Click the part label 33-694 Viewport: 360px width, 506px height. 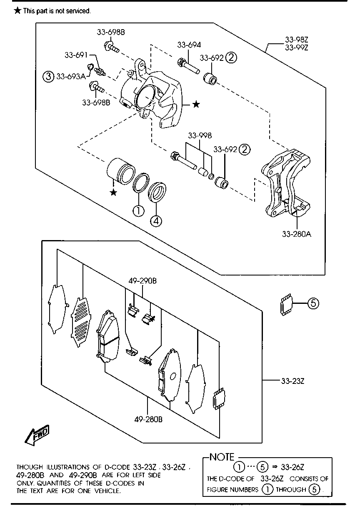(189, 45)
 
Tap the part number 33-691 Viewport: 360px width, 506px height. (76, 55)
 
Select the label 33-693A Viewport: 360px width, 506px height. (71, 77)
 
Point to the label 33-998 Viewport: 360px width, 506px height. (200, 135)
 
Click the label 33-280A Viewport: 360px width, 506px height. (297, 234)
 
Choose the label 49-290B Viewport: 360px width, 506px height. (142, 281)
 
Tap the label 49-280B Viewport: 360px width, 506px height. (148, 419)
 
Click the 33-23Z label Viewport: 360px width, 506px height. (292, 381)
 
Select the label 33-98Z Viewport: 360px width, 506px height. (297, 40)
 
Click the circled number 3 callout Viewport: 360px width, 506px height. (48, 76)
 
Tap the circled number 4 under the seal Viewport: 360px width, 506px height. (156, 221)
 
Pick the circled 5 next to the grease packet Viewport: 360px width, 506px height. (313, 303)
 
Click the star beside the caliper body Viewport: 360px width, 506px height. (196, 104)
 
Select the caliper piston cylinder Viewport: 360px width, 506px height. (121, 171)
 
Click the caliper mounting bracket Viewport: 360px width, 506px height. (285, 183)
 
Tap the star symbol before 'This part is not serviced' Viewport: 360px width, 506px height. (18, 10)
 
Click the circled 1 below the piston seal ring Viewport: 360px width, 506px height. (138, 211)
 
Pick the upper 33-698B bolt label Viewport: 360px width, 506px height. (111, 33)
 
